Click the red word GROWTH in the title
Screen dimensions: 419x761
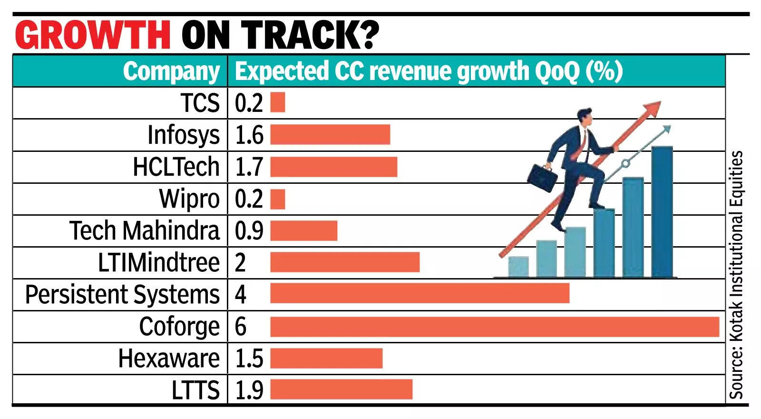click(x=93, y=34)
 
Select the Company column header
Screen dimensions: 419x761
click(x=171, y=71)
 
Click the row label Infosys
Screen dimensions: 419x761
click(x=183, y=135)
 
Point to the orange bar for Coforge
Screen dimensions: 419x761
click(x=495, y=327)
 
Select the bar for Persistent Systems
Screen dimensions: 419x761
click(x=420, y=293)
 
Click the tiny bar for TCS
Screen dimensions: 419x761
click(x=278, y=102)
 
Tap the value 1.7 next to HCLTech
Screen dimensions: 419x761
click(x=249, y=167)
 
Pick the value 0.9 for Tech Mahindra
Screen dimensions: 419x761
click(x=249, y=230)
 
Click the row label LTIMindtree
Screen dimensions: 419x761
click(x=158, y=262)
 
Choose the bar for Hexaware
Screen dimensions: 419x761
click(x=326, y=358)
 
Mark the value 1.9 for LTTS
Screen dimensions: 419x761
click(x=249, y=390)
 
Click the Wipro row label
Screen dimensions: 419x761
click(x=189, y=199)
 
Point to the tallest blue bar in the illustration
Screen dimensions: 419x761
click(x=662, y=212)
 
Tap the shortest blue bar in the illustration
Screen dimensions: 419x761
click(x=518, y=267)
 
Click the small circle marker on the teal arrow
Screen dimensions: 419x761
click(x=625, y=163)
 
